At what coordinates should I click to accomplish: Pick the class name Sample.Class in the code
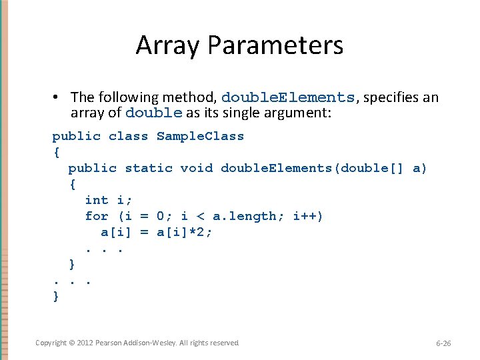pyautogui.click(x=200, y=136)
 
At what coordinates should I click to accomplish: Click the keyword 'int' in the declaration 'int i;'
pyautogui.click(x=97, y=200)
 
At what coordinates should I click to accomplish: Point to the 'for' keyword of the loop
pyautogui.click(x=97, y=216)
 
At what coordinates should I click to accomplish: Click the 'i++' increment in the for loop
pyautogui.click(x=309, y=216)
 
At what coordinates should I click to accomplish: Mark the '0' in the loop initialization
pyautogui.click(x=161, y=216)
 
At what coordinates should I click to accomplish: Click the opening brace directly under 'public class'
pyautogui.click(x=56, y=152)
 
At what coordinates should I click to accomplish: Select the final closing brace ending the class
pyautogui.click(x=56, y=296)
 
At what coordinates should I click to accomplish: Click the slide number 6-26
pyautogui.click(x=443, y=343)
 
